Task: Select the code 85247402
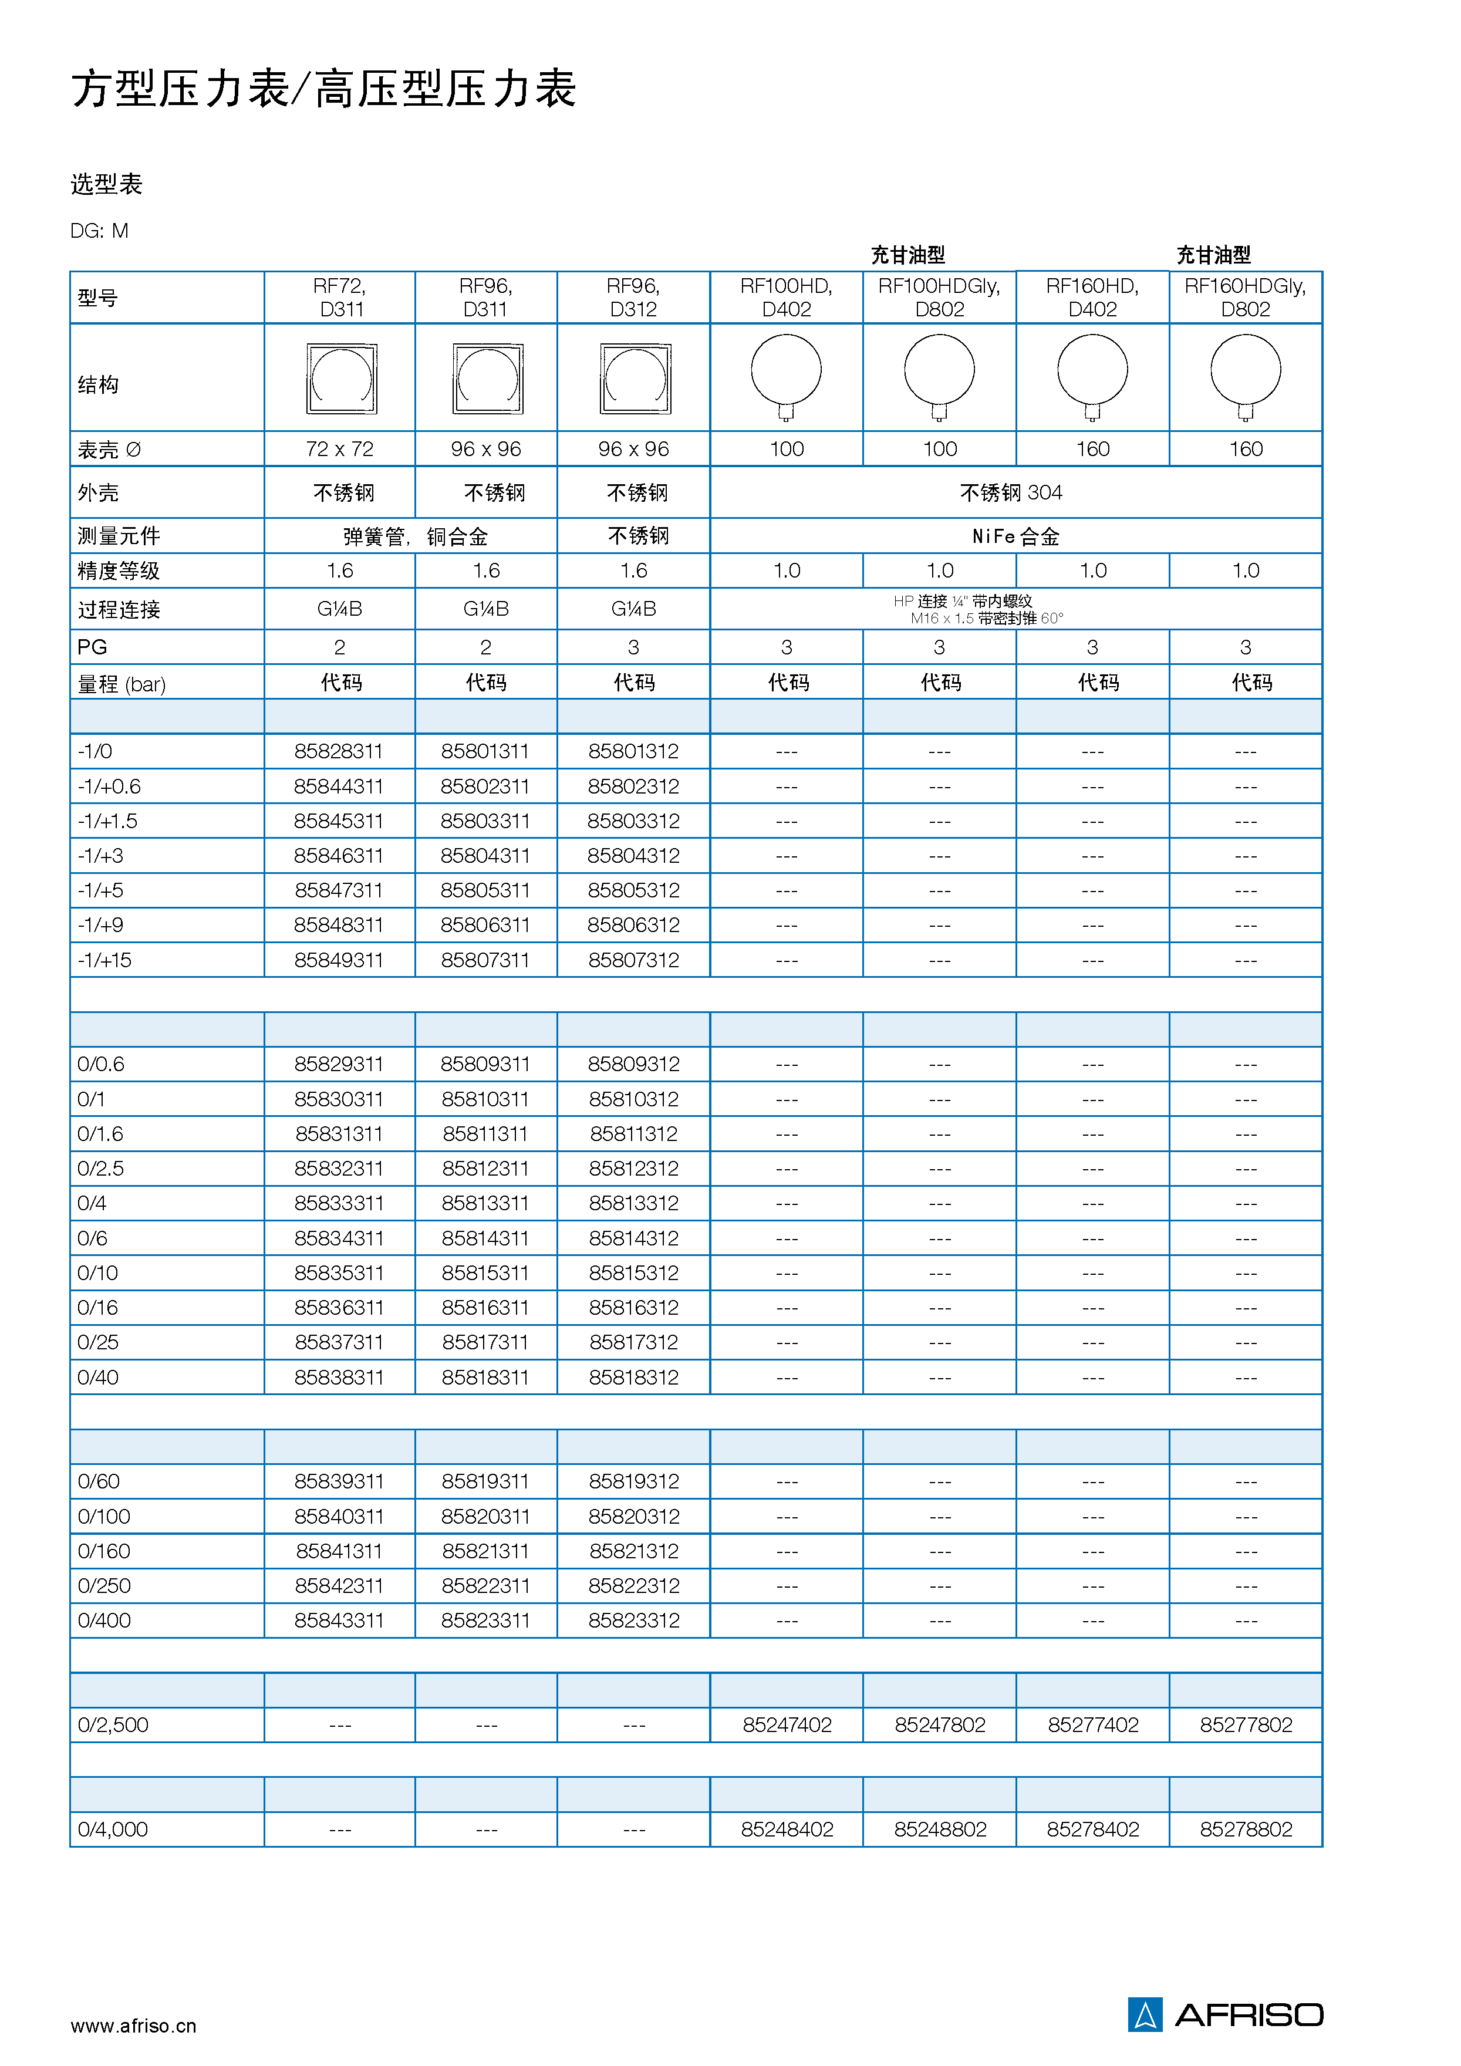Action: click(x=787, y=1725)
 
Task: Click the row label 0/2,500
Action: click(x=113, y=1725)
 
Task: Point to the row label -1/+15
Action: click(x=104, y=960)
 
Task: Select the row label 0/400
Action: click(x=104, y=1621)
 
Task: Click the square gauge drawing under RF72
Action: click(x=341, y=379)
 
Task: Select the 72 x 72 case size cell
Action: click(x=339, y=449)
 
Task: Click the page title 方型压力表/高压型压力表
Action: click(x=324, y=90)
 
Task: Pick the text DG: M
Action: click(x=99, y=231)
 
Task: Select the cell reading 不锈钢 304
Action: click(x=1011, y=492)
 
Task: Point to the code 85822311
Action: click(x=486, y=1585)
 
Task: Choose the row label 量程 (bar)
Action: click(x=122, y=684)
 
